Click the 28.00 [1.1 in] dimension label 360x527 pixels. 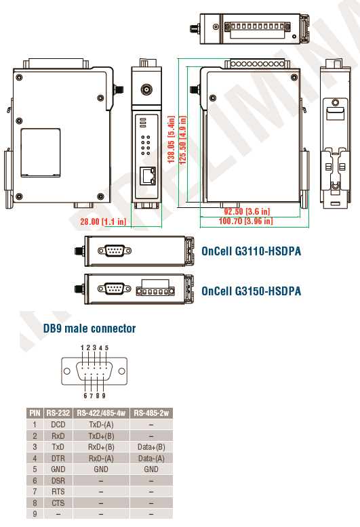103,222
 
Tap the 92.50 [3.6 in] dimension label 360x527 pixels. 247,211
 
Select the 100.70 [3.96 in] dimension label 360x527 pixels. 245,221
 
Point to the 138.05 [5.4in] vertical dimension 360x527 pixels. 172,140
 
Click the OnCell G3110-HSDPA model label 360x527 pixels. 251,251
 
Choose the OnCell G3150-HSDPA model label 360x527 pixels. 251,291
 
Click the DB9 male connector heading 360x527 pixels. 89,329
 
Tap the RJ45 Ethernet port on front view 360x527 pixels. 148,175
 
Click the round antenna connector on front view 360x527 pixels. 146,90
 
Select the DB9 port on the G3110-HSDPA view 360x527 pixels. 115,251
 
